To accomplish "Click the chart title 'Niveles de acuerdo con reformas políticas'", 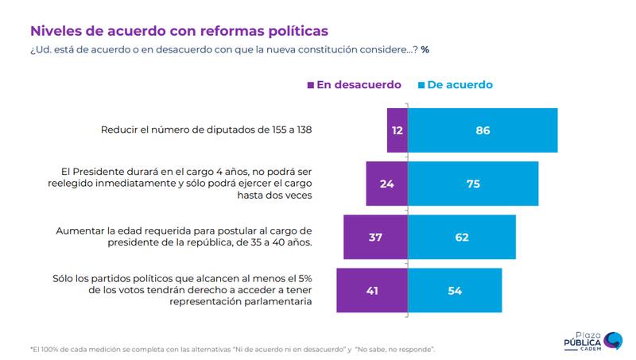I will (179, 31).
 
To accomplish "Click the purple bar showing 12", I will (397, 130).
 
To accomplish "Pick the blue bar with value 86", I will (483, 130).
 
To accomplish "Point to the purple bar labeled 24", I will (386, 184).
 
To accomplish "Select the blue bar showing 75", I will (473, 184).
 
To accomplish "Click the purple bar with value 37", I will (375, 237).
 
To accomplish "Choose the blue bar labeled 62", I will (462, 237).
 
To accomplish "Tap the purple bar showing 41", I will (372, 290).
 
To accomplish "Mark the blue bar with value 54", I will (455, 290).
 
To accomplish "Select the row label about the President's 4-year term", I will (186, 182).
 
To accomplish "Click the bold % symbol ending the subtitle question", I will (425, 49).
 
